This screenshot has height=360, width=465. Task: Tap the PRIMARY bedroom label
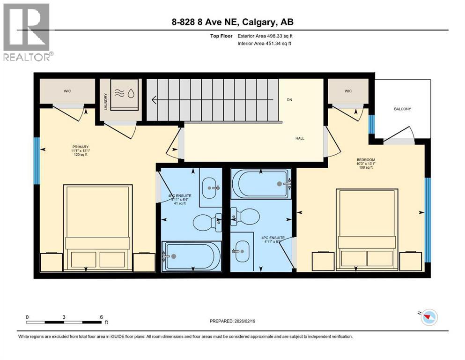pyautogui.click(x=80, y=147)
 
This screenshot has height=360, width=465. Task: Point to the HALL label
pyautogui.click(x=300, y=138)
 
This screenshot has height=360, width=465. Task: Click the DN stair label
pyautogui.click(x=289, y=100)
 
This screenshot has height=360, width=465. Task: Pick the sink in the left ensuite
pyautogui.click(x=210, y=188)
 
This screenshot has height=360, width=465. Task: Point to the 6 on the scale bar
pyautogui.click(x=101, y=317)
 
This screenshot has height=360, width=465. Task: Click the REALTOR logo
pyautogui.click(x=27, y=31)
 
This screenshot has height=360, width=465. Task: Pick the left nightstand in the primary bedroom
pyautogui.click(x=51, y=262)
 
